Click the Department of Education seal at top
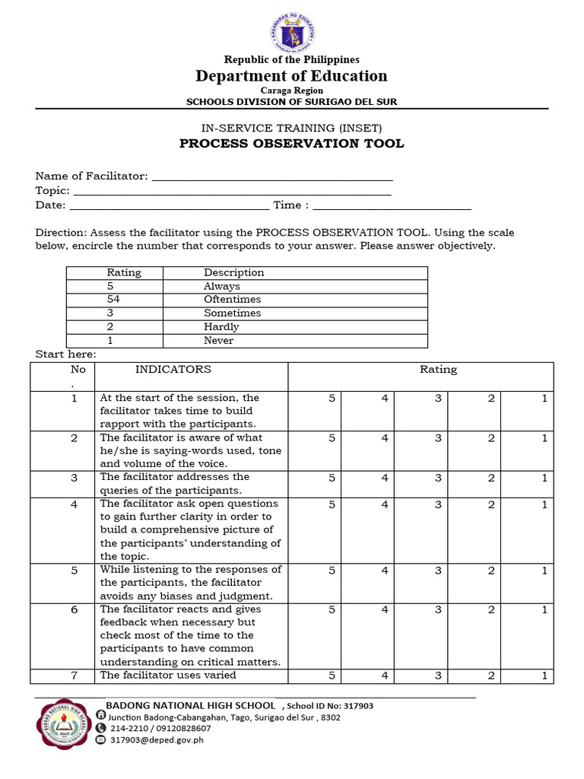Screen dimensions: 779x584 (x=292, y=30)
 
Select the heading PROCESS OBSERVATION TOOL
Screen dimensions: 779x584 (x=291, y=144)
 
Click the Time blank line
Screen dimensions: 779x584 (x=392, y=205)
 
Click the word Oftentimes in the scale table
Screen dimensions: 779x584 (x=232, y=300)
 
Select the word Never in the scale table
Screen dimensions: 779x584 (x=218, y=341)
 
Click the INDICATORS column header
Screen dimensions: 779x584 (x=173, y=370)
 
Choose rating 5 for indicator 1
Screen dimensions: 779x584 (x=332, y=398)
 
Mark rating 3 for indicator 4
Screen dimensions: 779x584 (x=439, y=504)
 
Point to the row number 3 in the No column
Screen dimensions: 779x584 (x=75, y=477)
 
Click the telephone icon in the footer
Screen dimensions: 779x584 (x=101, y=728)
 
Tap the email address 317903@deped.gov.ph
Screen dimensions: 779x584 (x=157, y=739)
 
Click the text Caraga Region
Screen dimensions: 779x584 (x=292, y=90)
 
